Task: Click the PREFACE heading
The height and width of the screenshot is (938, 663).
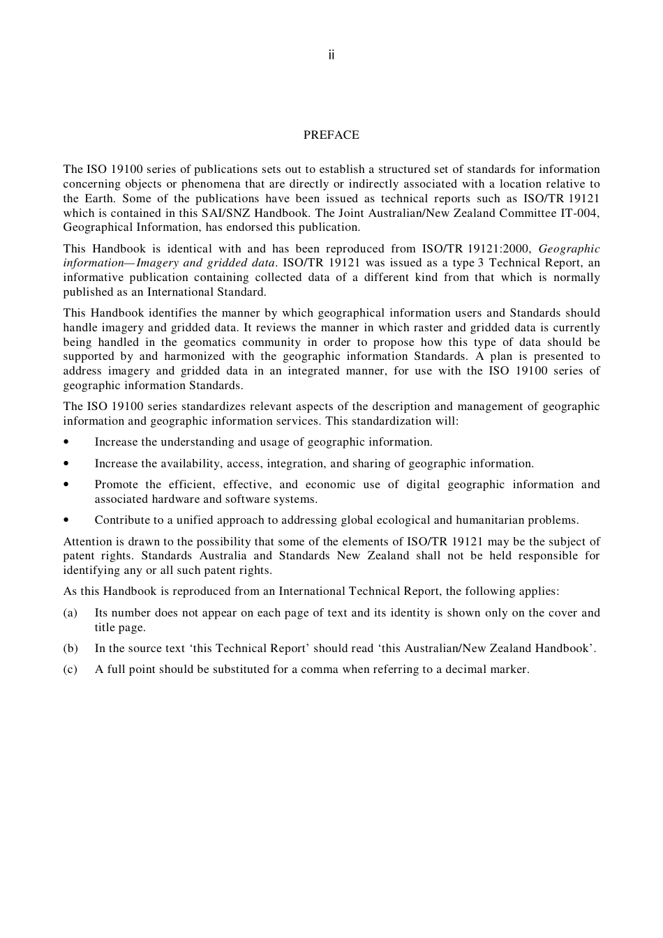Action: point(331,135)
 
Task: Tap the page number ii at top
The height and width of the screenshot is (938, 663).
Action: point(331,55)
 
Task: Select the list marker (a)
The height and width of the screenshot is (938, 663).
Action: point(70,613)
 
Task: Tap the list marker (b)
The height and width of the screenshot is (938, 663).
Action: point(70,649)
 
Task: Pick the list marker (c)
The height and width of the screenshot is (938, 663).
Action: point(70,670)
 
